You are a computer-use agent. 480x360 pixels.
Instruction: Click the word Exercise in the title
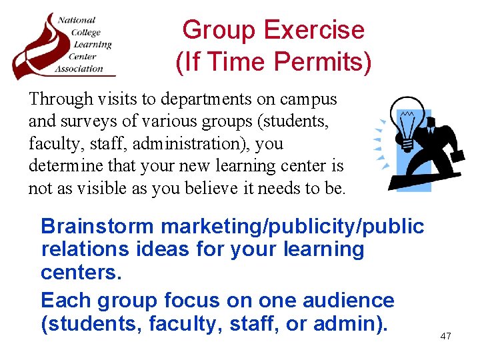click(x=313, y=31)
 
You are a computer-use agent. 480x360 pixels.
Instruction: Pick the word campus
click(x=312, y=99)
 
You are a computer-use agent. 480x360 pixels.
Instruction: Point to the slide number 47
click(x=445, y=336)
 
